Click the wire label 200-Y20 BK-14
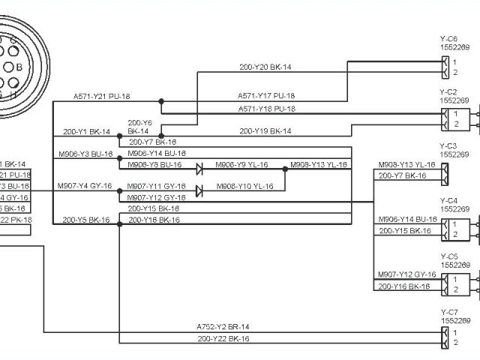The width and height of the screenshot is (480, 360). [x=265, y=67]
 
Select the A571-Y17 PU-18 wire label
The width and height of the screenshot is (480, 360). [x=266, y=96]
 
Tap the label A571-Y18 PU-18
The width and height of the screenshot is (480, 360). [x=266, y=109]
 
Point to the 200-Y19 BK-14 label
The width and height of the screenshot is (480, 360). [x=265, y=131]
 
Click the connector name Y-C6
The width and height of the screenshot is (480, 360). [x=448, y=38]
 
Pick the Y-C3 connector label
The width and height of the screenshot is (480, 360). [x=448, y=146]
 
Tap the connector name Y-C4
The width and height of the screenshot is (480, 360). [x=448, y=201]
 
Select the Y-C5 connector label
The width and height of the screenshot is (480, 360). [x=448, y=256]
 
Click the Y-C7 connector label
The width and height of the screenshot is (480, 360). [x=448, y=311]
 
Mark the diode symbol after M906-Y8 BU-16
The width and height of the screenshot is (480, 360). [x=199, y=168]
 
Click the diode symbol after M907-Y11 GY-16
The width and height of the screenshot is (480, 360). [x=199, y=190]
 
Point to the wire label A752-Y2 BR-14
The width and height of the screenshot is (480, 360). [x=223, y=327]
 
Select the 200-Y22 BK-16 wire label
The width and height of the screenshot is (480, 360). [x=223, y=339]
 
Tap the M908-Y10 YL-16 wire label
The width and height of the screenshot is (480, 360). [x=245, y=186]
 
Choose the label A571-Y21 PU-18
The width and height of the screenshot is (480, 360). [x=102, y=97]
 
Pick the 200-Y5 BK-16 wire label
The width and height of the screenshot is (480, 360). [x=86, y=220]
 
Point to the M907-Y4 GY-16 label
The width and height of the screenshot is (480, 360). [x=85, y=186]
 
